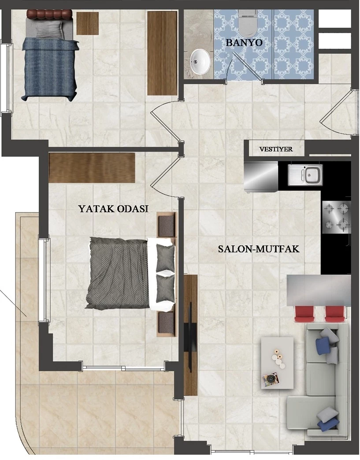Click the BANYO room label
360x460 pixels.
(x=244, y=42)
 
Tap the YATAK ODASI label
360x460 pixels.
(x=113, y=209)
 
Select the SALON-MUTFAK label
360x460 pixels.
(x=259, y=249)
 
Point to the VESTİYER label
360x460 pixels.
(x=276, y=149)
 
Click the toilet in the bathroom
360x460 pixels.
(x=248, y=22)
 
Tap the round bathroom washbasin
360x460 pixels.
(x=200, y=61)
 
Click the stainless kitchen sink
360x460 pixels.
(x=305, y=175)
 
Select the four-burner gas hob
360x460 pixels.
(x=337, y=217)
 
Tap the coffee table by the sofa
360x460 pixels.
(x=277, y=362)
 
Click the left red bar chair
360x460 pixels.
(x=304, y=314)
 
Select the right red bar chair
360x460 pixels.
(x=335, y=314)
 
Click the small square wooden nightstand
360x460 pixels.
(x=88, y=23)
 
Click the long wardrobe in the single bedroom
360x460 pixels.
(x=163, y=53)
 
